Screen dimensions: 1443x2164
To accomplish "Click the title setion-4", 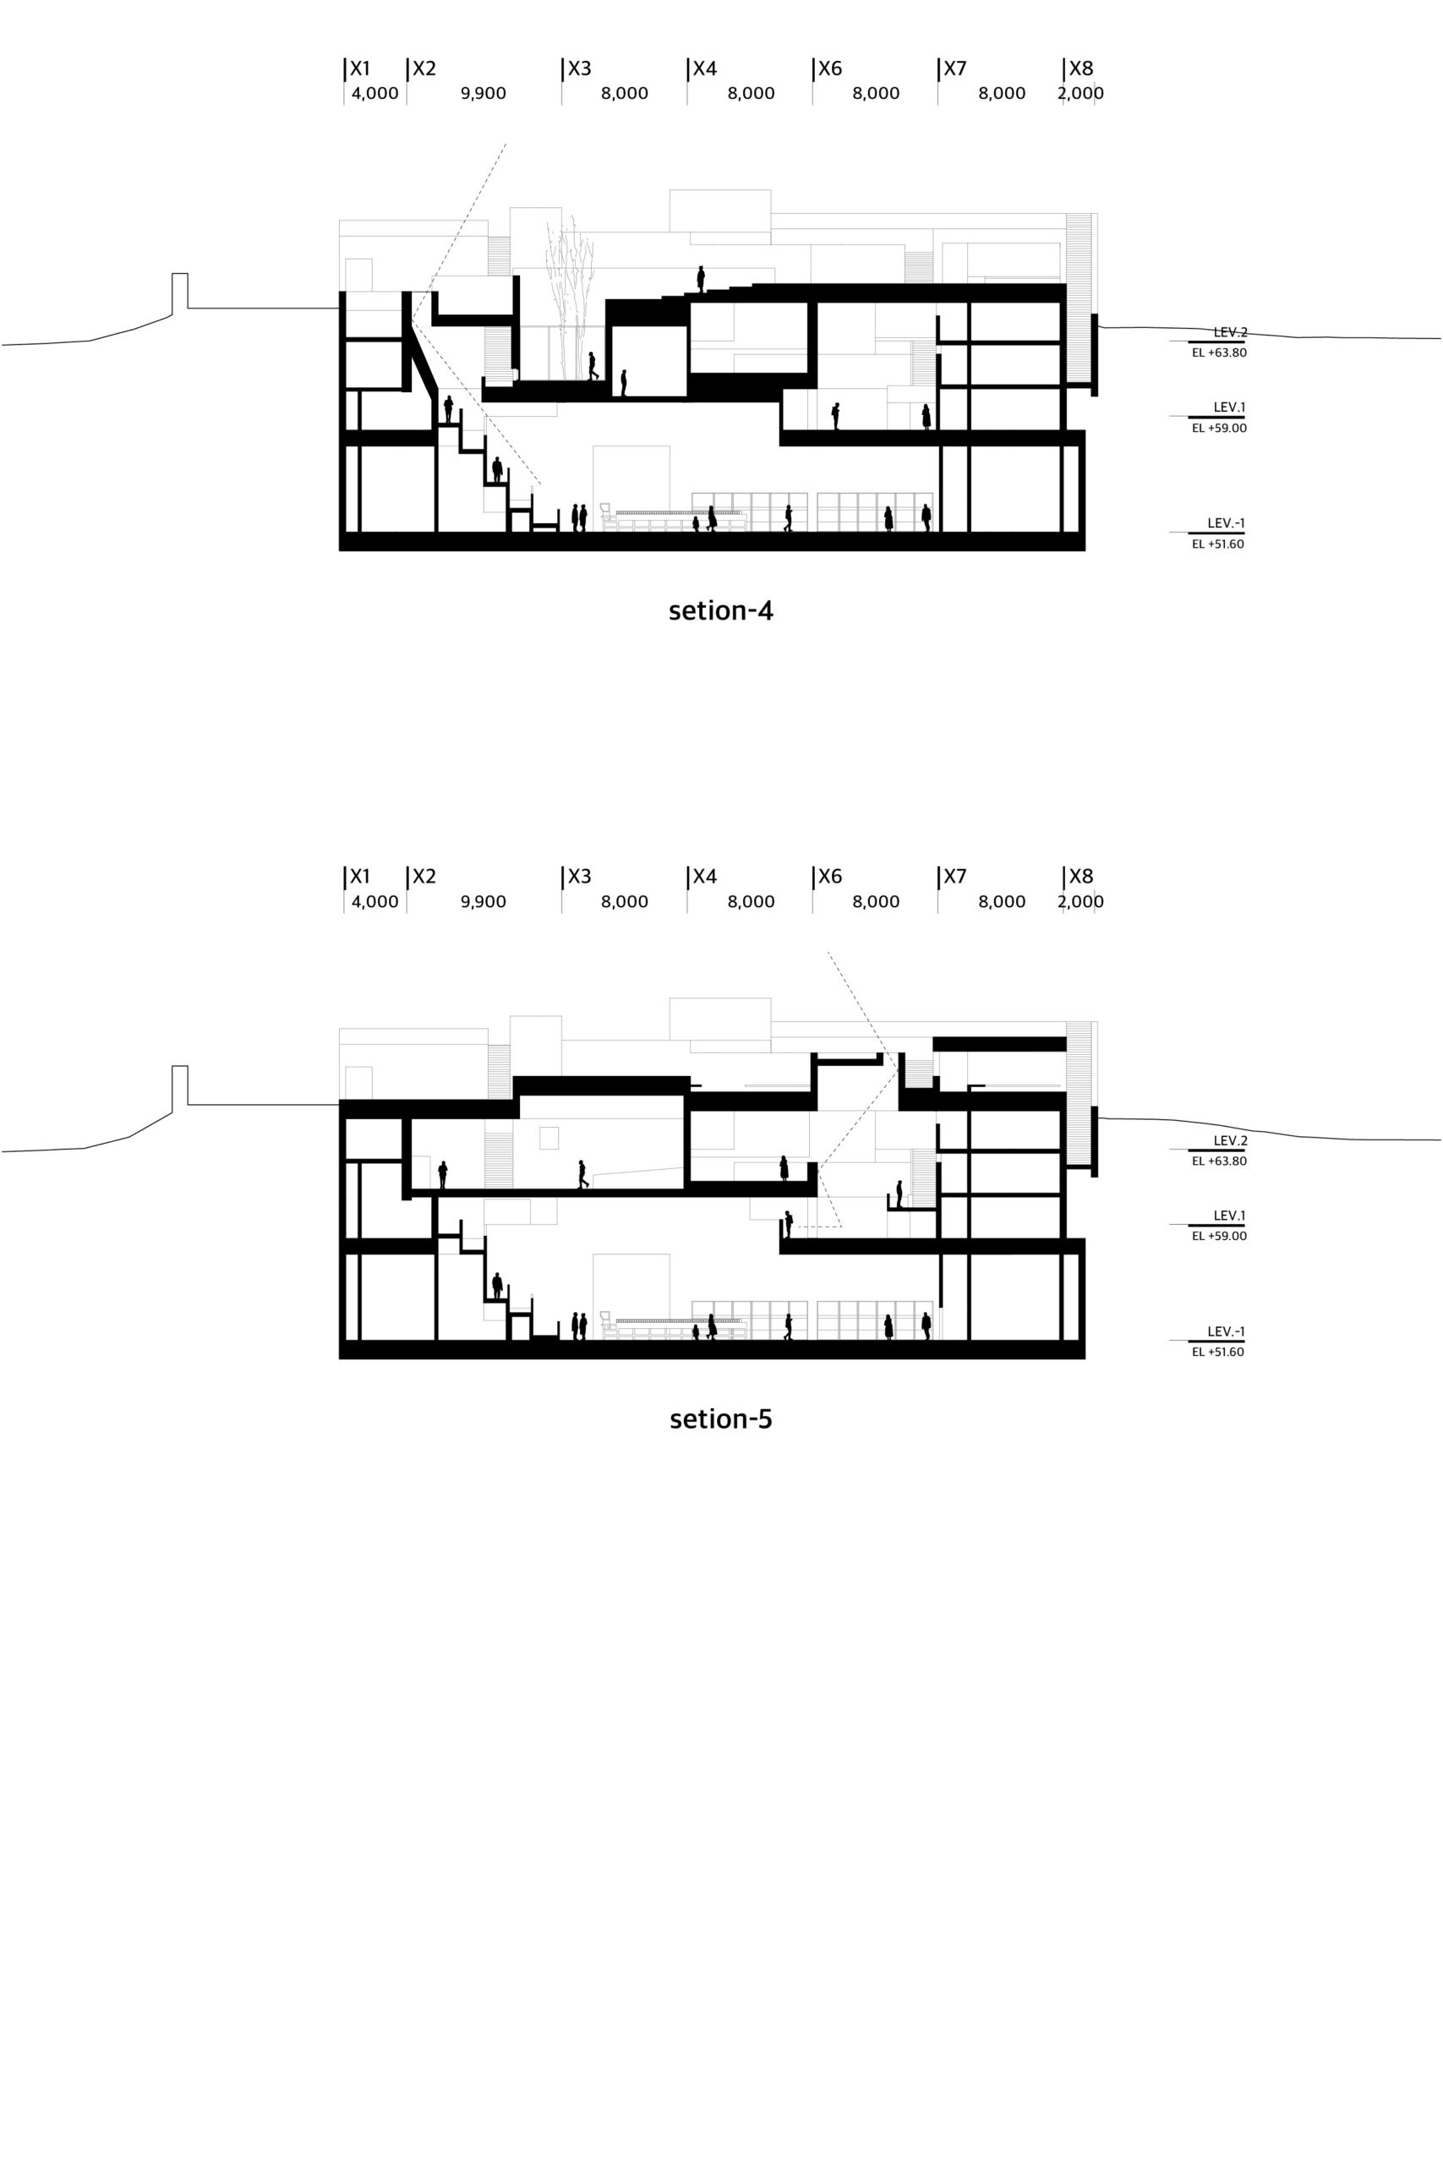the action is (x=720, y=611).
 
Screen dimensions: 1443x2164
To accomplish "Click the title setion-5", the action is (x=720, y=1418).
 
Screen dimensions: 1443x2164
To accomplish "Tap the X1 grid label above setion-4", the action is (x=360, y=69).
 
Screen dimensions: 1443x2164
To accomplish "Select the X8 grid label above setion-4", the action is (x=1080, y=69).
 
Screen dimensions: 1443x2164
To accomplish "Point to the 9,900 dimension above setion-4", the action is (x=484, y=94).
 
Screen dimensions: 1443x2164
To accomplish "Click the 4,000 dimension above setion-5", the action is (x=374, y=902).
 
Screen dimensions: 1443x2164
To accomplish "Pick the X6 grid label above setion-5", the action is (x=830, y=877).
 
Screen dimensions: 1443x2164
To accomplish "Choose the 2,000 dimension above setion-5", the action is (x=1080, y=902).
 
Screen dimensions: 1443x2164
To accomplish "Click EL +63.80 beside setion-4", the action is (x=1219, y=352).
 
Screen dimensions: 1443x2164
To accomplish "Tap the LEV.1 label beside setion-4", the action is (x=1229, y=407).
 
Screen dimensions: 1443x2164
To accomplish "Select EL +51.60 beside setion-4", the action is (x=1218, y=544).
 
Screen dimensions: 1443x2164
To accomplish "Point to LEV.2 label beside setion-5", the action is (x=1231, y=1141).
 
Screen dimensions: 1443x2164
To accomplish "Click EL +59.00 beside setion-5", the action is (x=1219, y=1236).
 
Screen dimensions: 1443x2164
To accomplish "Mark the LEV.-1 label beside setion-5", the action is (x=1227, y=1331).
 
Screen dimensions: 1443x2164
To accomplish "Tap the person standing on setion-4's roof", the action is (x=700, y=279).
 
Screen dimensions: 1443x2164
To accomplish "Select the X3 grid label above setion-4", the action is (x=580, y=69).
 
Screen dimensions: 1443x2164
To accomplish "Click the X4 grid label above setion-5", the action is (x=705, y=877).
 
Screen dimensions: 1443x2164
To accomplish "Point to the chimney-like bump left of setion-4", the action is (x=180, y=290).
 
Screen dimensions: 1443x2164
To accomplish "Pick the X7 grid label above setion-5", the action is (x=955, y=877).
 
